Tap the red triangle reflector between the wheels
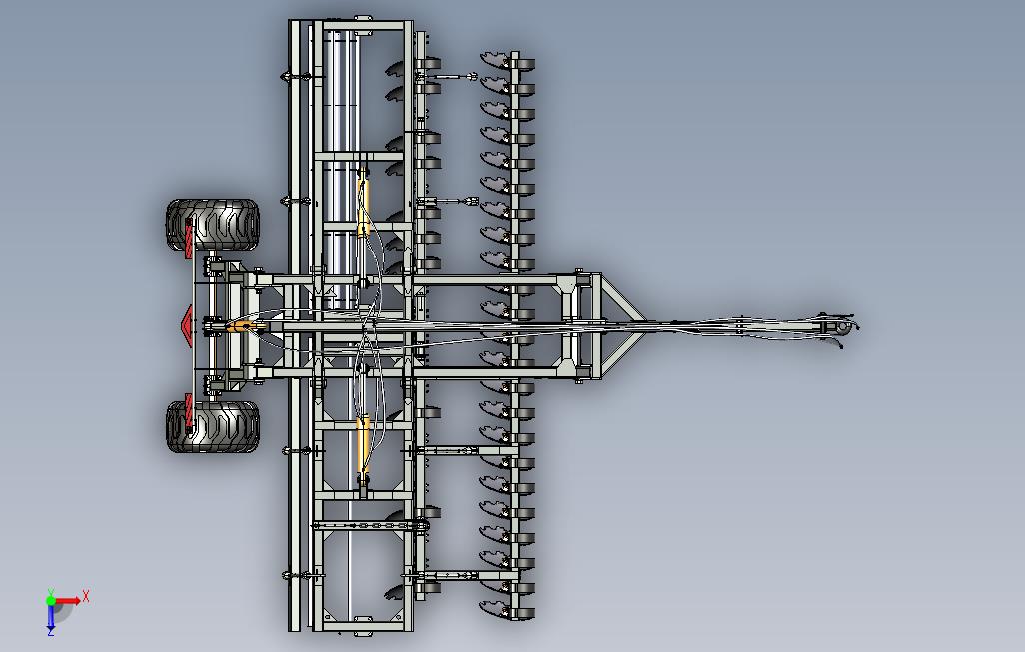(187, 325)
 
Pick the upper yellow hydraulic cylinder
(364, 200)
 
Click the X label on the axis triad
(87, 596)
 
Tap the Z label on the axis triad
(50, 632)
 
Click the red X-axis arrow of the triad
(69, 602)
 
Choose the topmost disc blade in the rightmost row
(494, 60)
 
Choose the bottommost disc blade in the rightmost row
(494, 605)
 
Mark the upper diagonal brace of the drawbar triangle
(619, 296)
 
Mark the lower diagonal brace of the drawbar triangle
(619, 354)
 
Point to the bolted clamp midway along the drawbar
(739, 324)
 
